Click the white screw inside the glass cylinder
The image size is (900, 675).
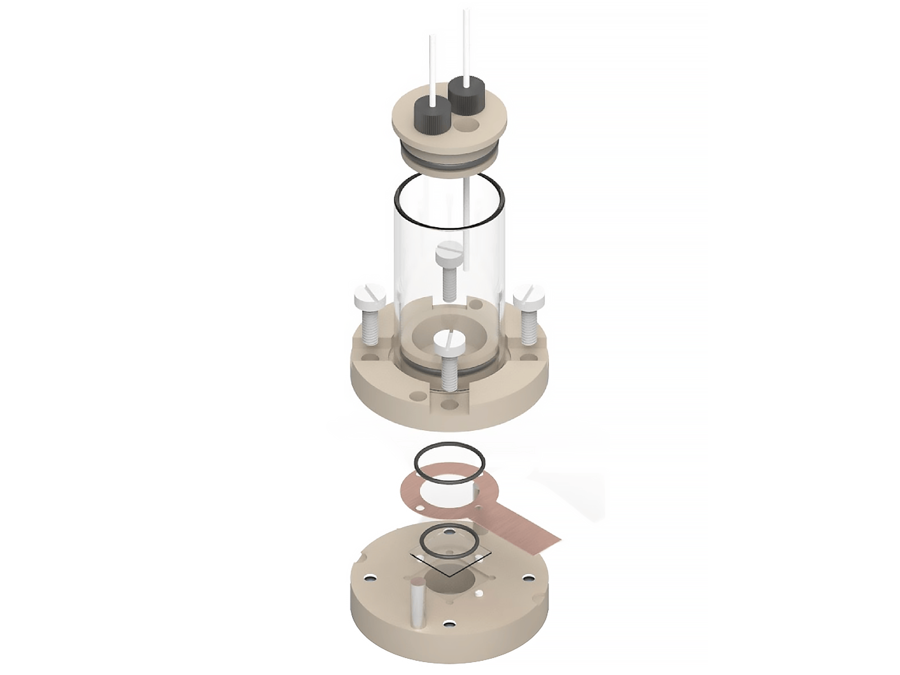[x=450, y=276]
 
